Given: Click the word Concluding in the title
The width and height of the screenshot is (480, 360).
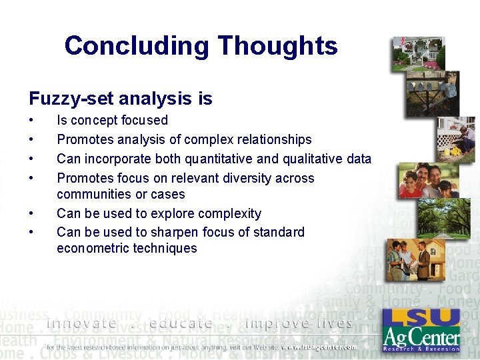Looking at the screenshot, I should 137,46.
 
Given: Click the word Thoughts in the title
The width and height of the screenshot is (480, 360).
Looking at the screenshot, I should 277,46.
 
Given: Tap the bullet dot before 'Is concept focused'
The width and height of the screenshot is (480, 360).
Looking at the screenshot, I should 31,121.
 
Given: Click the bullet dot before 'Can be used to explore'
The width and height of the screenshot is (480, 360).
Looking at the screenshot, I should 31,214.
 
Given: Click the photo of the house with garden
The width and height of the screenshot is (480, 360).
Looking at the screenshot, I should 418,54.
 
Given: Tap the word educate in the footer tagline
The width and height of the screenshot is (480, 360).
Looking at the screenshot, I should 181,324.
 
